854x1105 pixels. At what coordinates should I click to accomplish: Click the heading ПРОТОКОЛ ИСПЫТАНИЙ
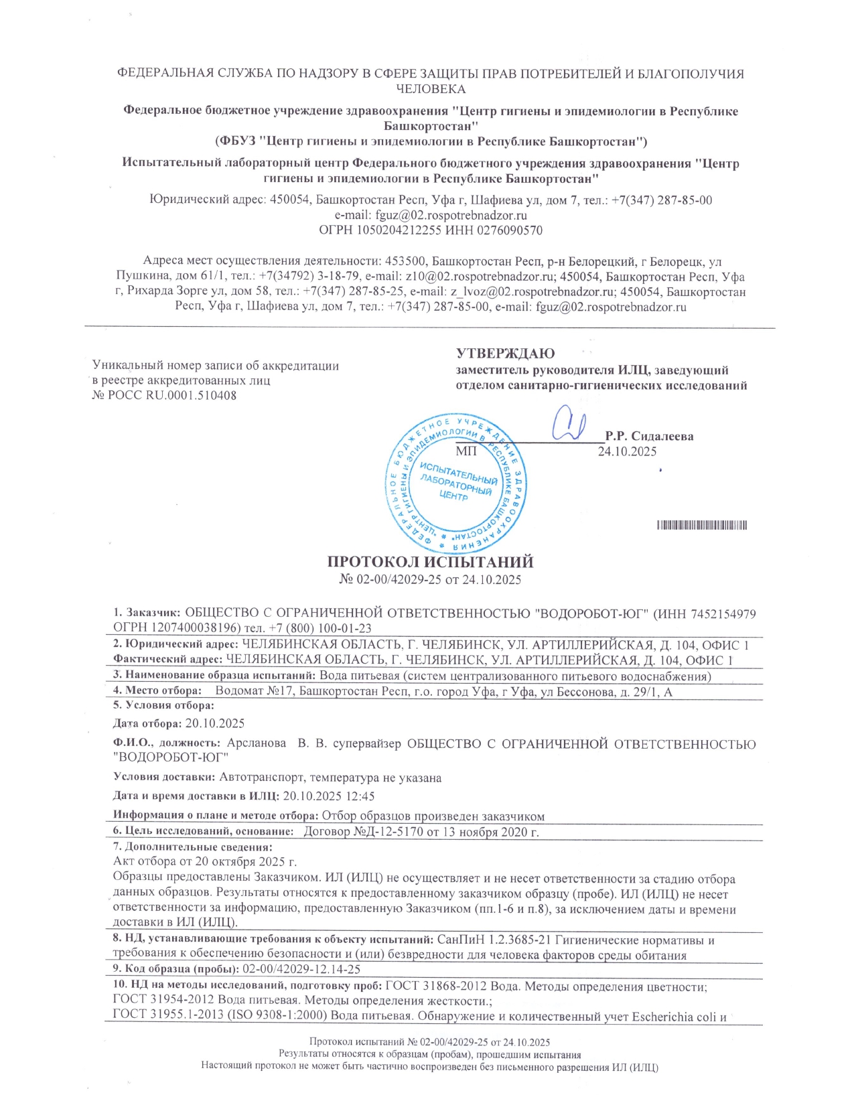429,562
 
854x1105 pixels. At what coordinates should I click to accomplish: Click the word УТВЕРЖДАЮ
505,354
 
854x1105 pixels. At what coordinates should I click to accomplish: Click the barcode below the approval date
702,525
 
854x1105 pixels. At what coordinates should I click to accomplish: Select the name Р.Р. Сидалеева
649,436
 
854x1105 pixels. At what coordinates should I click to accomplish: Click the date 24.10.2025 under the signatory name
627,451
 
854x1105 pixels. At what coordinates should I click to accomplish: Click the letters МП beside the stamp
466,451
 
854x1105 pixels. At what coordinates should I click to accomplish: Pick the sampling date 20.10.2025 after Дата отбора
215,723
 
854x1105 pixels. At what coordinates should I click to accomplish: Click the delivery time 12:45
361,796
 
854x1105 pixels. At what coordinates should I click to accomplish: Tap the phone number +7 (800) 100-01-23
326,628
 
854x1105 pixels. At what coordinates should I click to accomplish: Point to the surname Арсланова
257,743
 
